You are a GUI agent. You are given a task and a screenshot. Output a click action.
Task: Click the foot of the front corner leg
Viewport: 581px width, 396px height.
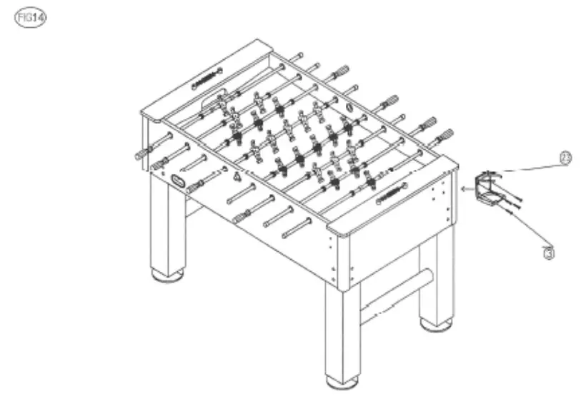click(342, 380)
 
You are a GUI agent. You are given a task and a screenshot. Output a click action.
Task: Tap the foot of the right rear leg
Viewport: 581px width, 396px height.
click(435, 325)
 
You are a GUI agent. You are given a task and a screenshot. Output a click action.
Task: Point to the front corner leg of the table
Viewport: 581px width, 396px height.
click(342, 328)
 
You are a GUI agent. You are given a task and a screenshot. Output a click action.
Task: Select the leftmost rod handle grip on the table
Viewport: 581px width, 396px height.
click(142, 153)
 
